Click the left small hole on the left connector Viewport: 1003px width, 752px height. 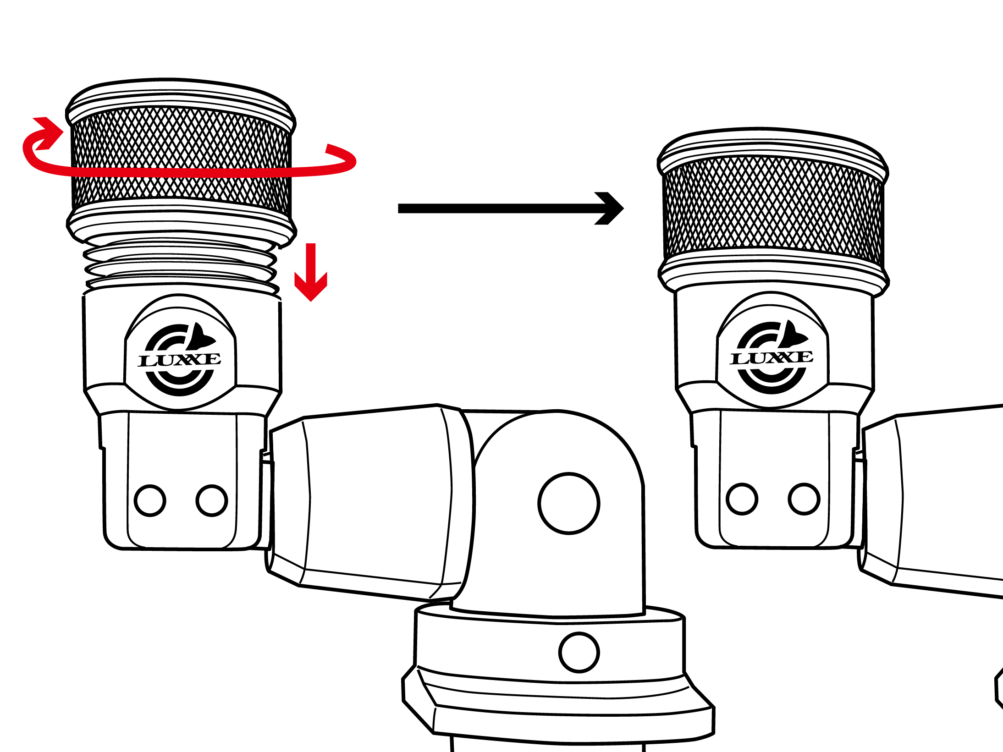pyautogui.click(x=150, y=500)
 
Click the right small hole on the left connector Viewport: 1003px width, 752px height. pyautogui.click(x=212, y=500)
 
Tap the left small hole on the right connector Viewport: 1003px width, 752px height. pyautogui.click(x=742, y=499)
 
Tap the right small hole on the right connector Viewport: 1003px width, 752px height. pyautogui.click(x=804, y=499)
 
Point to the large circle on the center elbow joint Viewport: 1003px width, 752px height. pyautogui.click(x=569, y=503)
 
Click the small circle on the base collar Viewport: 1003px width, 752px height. pyautogui.click(x=579, y=652)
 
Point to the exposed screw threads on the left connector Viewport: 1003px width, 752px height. pyautogui.click(x=182, y=266)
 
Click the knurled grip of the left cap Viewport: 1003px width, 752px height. pyautogui.click(x=182, y=158)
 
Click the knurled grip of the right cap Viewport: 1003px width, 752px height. pyautogui.click(x=773, y=209)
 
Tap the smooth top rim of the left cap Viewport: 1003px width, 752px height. pyautogui.click(x=181, y=99)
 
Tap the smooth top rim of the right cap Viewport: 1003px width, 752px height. pyautogui.click(x=773, y=148)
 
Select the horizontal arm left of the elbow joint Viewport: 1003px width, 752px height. pyautogui.click(x=371, y=502)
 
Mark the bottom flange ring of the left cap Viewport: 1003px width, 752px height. pyautogui.click(x=182, y=225)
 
